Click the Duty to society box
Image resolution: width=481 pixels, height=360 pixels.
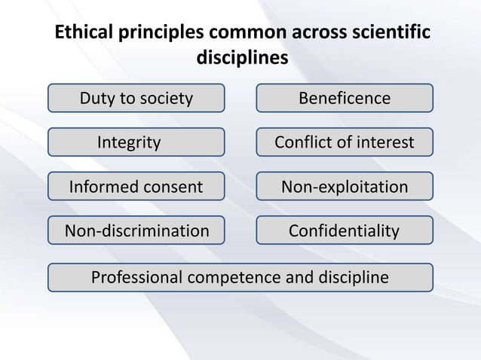[136, 98]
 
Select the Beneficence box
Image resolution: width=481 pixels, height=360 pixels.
[345, 98]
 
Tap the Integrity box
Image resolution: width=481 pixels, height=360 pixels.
[136, 142]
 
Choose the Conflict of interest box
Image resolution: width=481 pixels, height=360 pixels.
[345, 142]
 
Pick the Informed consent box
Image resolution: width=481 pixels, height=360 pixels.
[136, 186]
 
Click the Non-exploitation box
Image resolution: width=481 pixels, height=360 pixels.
[345, 186]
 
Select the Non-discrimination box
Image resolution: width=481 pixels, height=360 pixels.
[136, 230]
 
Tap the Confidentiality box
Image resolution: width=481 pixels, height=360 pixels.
[345, 230]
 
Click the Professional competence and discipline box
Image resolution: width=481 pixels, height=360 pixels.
[240, 277]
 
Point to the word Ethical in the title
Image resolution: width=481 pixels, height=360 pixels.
[79, 35]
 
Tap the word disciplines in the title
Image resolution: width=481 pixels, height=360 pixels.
[241, 58]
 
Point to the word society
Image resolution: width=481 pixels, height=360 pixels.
[166, 98]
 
